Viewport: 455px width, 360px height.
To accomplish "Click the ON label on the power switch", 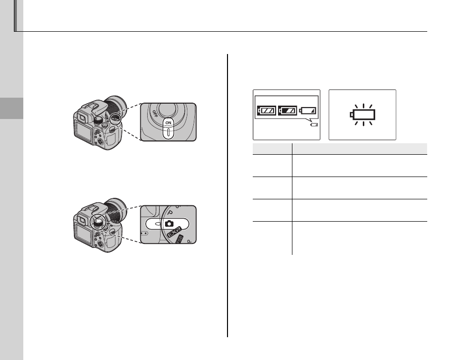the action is click(169, 123).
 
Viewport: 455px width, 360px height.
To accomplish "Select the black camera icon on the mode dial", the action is click(169, 224).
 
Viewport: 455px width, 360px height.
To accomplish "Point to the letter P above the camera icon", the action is click(171, 213).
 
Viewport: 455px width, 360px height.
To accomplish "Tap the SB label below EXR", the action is click(179, 239).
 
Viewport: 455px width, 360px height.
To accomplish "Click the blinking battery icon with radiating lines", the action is click(363, 115).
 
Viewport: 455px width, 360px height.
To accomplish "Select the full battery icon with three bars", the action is click(267, 110).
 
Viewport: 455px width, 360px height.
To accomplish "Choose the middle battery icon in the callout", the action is click(287, 110).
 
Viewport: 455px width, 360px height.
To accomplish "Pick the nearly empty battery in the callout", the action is click(308, 111).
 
